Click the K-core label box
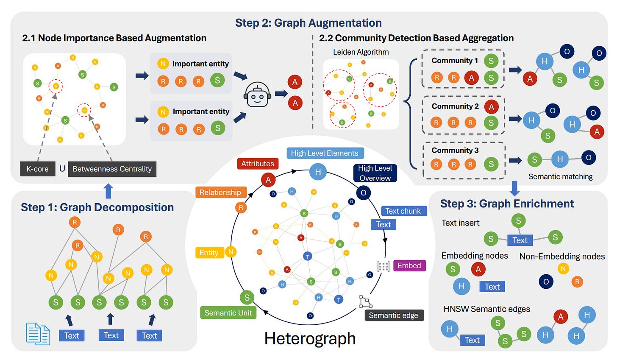[37, 169]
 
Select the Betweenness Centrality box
[112, 169]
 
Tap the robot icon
[257, 95]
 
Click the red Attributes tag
[258, 163]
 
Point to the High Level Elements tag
[325, 153]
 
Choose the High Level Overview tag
[375, 173]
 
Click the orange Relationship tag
[221, 192]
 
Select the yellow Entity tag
[209, 252]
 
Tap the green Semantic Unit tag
[228, 313]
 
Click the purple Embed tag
[409, 265]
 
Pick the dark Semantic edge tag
[394, 315]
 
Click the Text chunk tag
[404, 211]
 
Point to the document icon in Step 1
[38, 334]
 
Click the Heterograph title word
[310, 338]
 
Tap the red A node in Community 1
[471, 78]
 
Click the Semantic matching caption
[561, 176]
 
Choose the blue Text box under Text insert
[520, 240]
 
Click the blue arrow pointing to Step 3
[514, 188]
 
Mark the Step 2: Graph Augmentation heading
[308, 22]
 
